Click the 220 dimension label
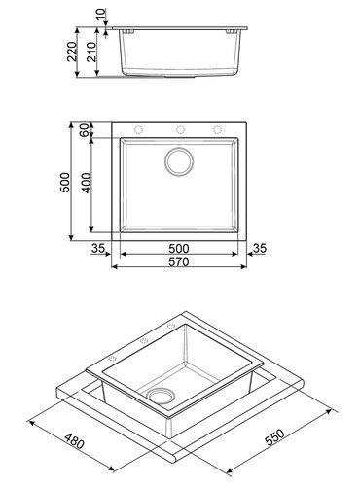[x=72, y=52]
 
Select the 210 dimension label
[x=91, y=52]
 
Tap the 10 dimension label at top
[x=101, y=15]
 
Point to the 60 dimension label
[x=85, y=130]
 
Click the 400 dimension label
[x=87, y=183]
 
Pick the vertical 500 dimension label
[x=65, y=183]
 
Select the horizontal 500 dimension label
[x=179, y=249]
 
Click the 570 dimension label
[x=179, y=261]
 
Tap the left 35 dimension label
[x=98, y=248]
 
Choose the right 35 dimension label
[x=260, y=248]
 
